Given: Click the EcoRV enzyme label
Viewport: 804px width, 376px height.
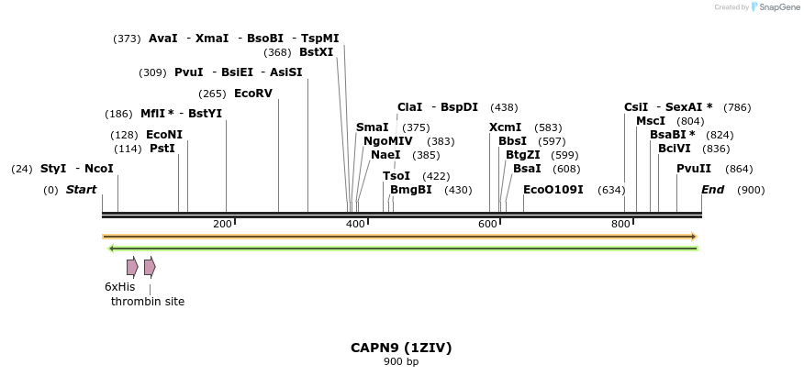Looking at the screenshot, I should tap(253, 94).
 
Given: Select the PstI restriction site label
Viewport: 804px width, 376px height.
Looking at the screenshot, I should tap(162, 149).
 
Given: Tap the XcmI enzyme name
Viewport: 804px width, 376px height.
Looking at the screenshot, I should tap(505, 127).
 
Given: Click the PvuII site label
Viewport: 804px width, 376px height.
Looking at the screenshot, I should tap(694, 169).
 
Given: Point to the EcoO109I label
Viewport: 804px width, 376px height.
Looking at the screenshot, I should tap(553, 190).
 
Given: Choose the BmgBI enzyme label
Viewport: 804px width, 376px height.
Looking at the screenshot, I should tap(410, 190).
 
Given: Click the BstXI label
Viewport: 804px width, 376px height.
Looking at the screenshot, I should tap(316, 52).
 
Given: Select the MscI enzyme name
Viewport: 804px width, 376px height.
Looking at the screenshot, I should tap(651, 121).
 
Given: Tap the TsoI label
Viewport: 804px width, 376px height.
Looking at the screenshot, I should tap(396, 176).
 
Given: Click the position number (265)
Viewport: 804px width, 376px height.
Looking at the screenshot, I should tap(212, 94).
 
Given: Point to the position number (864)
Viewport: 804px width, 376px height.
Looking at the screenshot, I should tap(739, 169).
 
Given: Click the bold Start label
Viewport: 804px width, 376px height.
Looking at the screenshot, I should tap(81, 190).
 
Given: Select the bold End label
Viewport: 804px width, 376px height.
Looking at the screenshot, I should tap(712, 190).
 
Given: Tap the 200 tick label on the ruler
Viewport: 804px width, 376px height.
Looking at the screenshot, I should tap(222, 225).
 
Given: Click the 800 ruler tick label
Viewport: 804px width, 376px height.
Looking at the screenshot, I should tap(621, 225).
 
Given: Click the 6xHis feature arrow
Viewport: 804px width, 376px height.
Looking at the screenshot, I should tap(132, 267).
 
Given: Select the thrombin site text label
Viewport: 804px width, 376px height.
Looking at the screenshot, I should tap(148, 302).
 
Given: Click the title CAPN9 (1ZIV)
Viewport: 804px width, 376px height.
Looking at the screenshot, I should tap(401, 348).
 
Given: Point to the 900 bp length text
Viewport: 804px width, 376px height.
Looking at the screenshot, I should tap(401, 362).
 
